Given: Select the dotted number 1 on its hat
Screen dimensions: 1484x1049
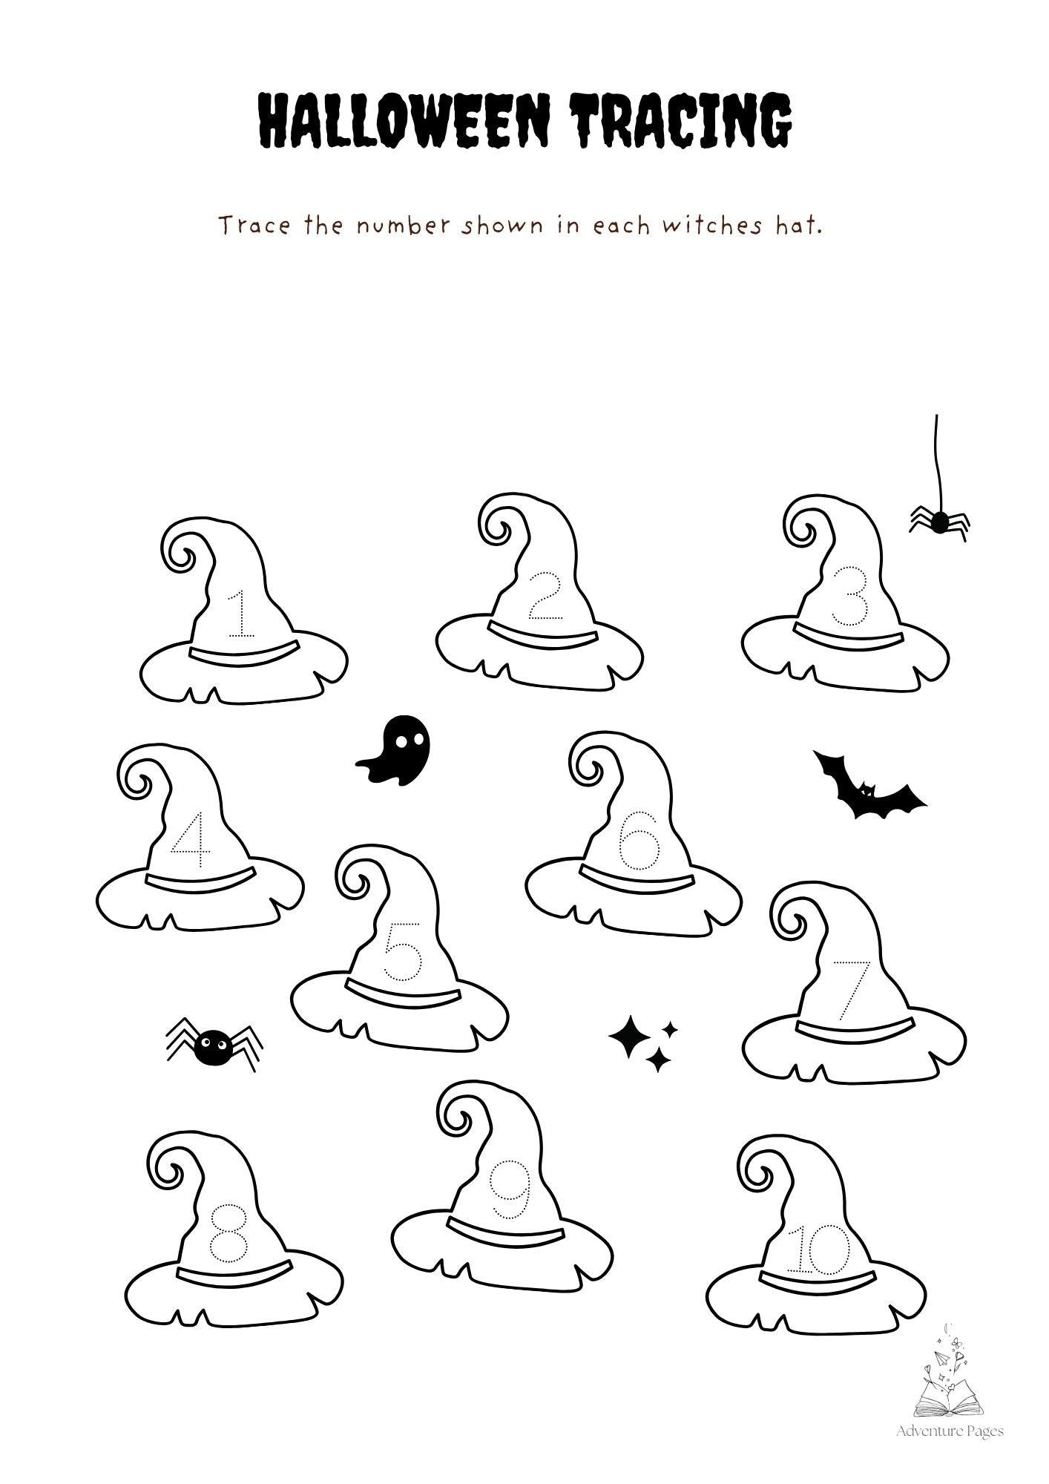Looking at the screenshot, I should [241, 614].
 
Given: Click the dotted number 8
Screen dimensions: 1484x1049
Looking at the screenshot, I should [227, 1232].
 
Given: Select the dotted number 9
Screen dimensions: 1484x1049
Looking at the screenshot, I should [512, 1189].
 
